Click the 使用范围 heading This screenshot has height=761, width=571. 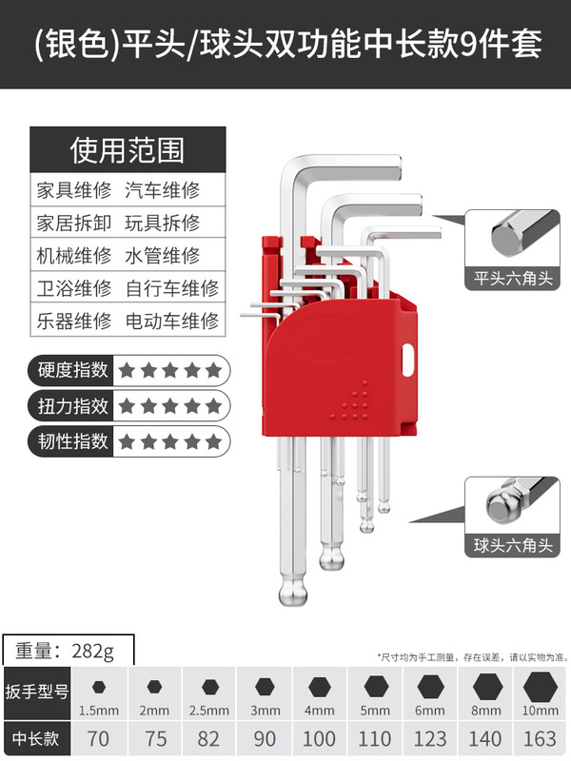click(x=128, y=149)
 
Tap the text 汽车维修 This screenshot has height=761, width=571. click(x=162, y=189)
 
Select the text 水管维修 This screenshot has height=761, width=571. click(x=162, y=255)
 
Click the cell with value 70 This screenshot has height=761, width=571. click(x=97, y=737)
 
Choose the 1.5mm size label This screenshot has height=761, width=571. click(x=97, y=711)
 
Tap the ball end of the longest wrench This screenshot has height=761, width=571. click(x=293, y=593)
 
